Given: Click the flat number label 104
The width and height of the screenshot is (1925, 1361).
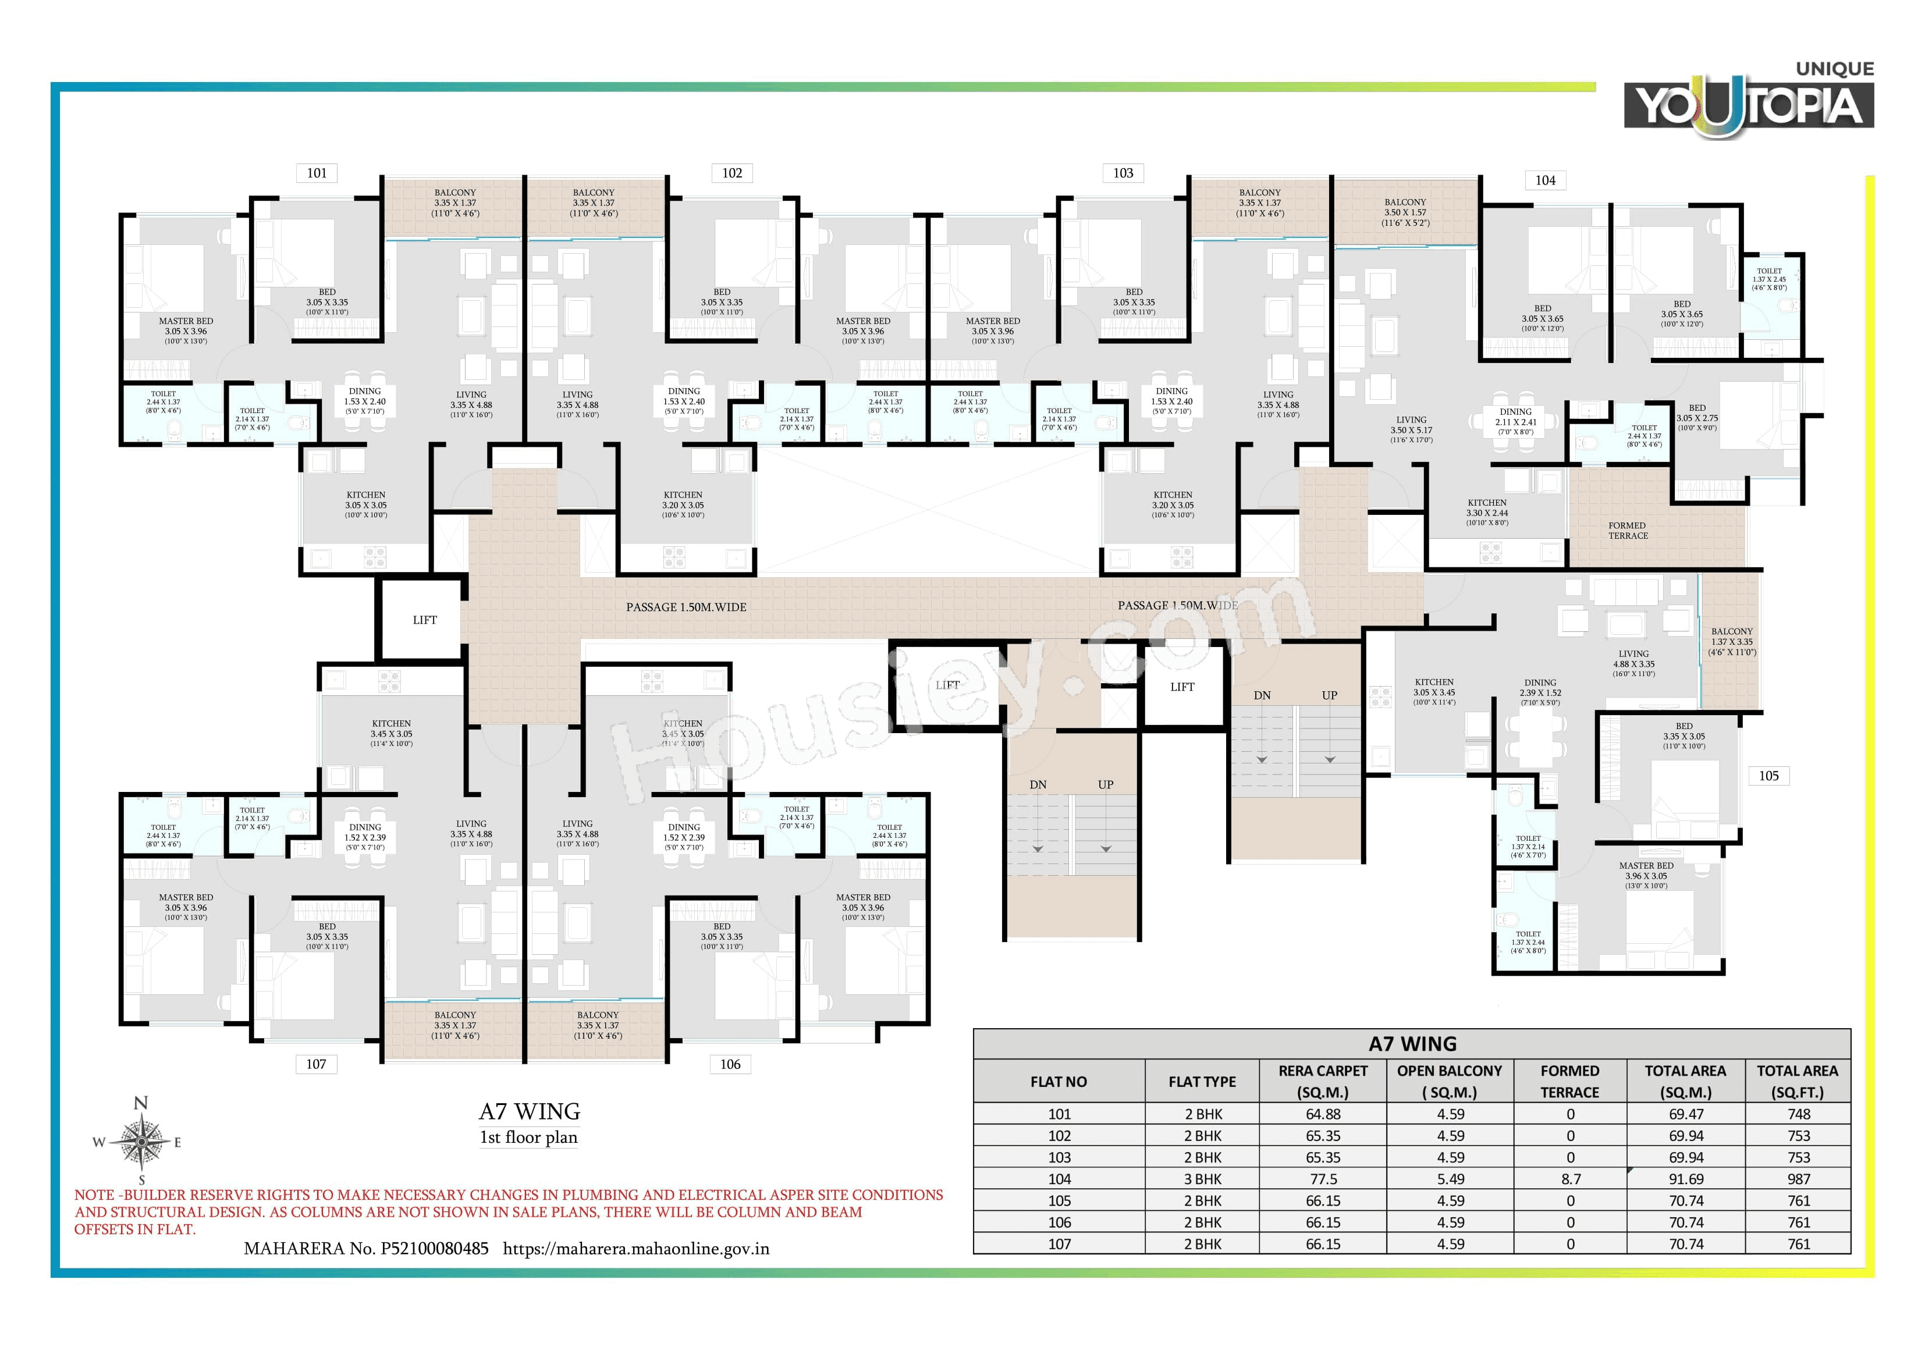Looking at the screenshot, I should click(x=1544, y=180).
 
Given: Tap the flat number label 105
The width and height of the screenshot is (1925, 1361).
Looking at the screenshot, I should click(x=1768, y=776).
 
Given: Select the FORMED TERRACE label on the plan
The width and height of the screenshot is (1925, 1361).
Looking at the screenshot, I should click(x=1628, y=531).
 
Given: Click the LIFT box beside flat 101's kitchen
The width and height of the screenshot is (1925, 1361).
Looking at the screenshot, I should click(x=424, y=620).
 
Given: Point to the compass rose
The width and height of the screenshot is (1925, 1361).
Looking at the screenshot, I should click(x=141, y=1141).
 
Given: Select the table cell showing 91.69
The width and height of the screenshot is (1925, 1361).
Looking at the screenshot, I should click(x=1685, y=1179).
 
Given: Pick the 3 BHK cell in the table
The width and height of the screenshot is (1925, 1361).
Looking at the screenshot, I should click(x=1202, y=1179).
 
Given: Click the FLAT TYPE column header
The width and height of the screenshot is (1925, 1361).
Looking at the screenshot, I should click(x=1202, y=1082).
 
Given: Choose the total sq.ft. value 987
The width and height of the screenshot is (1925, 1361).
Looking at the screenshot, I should click(x=1798, y=1179).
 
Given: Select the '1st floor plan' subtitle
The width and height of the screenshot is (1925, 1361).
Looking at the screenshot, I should click(x=528, y=1137).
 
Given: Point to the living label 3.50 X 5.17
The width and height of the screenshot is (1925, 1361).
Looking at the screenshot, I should click(x=1411, y=429).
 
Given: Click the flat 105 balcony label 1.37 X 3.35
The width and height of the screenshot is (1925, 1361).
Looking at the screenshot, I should click(x=1731, y=641).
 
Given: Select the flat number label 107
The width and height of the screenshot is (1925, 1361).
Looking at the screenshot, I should click(x=316, y=1064).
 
